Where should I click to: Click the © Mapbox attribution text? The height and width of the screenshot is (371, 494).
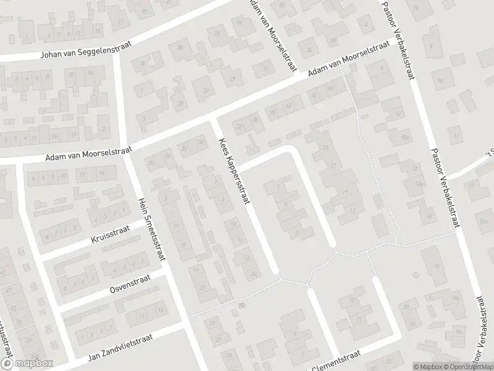point(427,367)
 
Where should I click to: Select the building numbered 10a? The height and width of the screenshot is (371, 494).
point(405,136)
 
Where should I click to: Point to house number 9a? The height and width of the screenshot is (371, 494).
point(440,80)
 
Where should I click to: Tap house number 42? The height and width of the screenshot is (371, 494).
point(288,106)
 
